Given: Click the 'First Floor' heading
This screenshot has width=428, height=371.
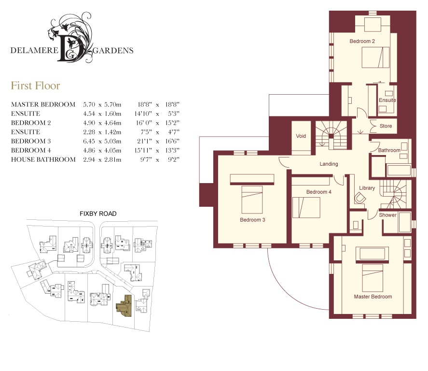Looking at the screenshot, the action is (x=35, y=86).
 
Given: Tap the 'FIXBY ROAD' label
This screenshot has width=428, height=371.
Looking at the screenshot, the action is (x=98, y=214).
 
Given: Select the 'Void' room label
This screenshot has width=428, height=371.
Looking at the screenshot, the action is (x=301, y=136).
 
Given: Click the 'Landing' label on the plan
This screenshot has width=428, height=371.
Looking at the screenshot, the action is (x=329, y=164).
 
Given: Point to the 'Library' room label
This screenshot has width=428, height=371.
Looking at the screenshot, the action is (x=367, y=188).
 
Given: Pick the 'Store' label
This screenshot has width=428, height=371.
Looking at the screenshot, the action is (x=386, y=126).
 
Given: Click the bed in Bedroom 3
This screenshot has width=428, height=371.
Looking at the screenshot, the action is (x=252, y=200).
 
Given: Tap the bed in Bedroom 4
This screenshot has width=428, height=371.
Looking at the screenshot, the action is (x=306, y=207).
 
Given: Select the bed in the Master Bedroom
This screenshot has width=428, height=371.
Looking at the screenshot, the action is (x=373, y=278).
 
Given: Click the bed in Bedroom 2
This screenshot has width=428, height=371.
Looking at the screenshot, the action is (x=375, y=57).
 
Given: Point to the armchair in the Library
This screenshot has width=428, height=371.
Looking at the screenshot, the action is (x=359, y=198).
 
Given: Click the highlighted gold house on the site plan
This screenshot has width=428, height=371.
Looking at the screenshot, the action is (x=124, y=306).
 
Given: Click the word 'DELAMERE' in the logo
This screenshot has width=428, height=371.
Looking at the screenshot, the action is (x=34, y=51).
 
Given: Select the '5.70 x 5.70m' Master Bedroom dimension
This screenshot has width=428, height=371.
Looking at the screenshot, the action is (x=102, y=104).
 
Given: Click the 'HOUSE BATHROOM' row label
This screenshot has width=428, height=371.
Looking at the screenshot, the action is (x=43, y=159).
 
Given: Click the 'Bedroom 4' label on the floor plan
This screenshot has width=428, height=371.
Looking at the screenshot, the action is (x=318, y=192).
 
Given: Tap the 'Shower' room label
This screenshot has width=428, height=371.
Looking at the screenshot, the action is (x=387, y=215).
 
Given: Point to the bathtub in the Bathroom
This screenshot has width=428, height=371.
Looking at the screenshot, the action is (x=399, y=170).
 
